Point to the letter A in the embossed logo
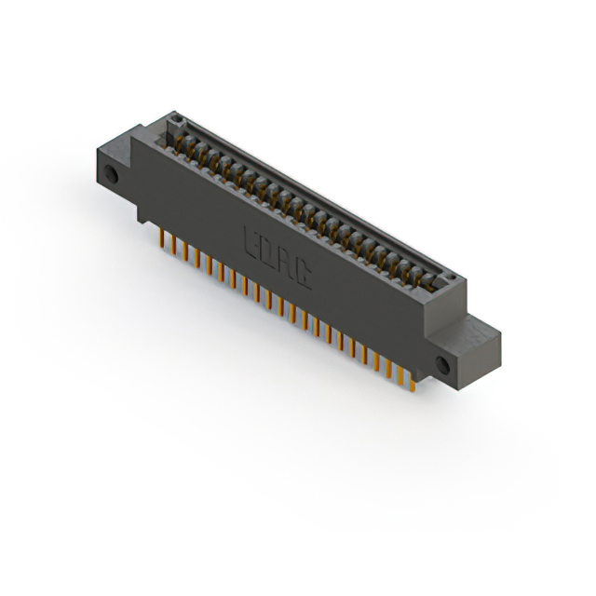[x=285, y=260]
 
